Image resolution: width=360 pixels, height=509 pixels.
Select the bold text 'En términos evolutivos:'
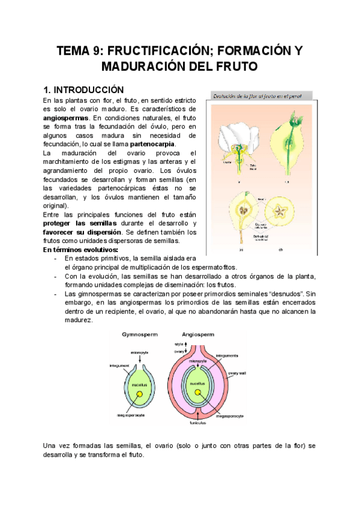(81, 249)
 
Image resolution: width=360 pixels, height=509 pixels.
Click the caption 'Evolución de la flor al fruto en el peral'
(257, 95)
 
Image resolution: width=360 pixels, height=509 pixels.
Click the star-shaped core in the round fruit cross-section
(278, 211)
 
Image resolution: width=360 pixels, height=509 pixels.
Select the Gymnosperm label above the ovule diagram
(140, 334)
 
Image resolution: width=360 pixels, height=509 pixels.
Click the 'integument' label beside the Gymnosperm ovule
(120, 365)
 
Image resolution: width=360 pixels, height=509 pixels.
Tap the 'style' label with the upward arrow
(179, 343)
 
